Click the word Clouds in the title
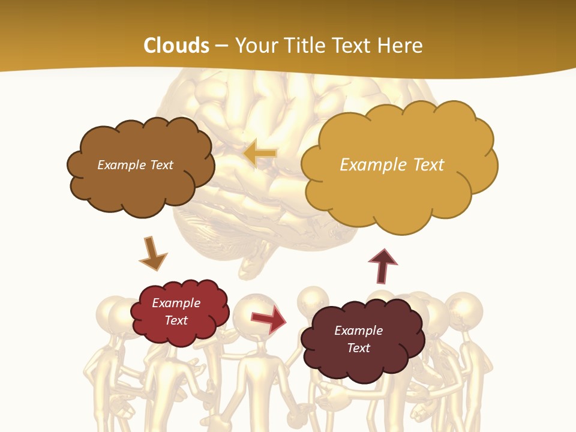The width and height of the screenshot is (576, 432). click(x=176, y=45)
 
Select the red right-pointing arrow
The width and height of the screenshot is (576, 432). click(x=268, y=319)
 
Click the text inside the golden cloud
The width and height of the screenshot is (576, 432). click(x=392, y=164)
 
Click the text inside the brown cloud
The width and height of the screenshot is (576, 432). click(x=135, y=164)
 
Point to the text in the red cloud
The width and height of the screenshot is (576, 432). click(x=176, y=311)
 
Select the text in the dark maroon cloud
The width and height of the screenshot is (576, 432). click(x=358, y=339)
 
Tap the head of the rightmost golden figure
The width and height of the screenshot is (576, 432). click(x=464, y=309)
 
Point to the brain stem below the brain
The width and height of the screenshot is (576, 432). click(x=252, y=264)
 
